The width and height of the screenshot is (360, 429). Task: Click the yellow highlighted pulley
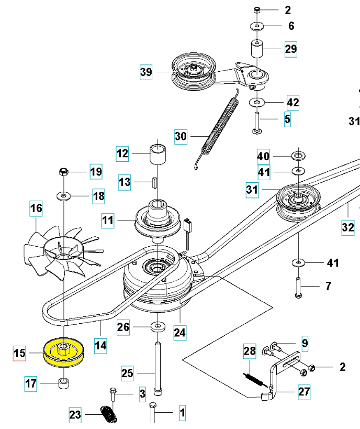pyautogui.click(x=64, y=352)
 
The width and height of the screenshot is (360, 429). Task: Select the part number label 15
pyautogui.click(x=19, y=354)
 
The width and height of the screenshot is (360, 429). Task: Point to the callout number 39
pyautogui.click(x=146, y=72)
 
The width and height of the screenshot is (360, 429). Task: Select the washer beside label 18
pyautogui.click(x=64, y=196)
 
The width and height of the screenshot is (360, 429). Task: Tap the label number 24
pyautogui.click(x=179, y=332)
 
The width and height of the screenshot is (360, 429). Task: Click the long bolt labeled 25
pyautogui.click(x=157, y=367)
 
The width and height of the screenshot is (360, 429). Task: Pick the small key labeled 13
pyautogui.click(x=155, y=182)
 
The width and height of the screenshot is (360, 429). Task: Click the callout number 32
pyautogui.click(x=347, y=227)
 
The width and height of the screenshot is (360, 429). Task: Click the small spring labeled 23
pyautogui.click(x=108, y=414)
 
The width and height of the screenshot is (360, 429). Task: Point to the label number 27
pyautogui.click(x=304, y=391)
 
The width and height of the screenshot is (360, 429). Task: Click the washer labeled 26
pyautogui.click(x=156, y=327)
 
